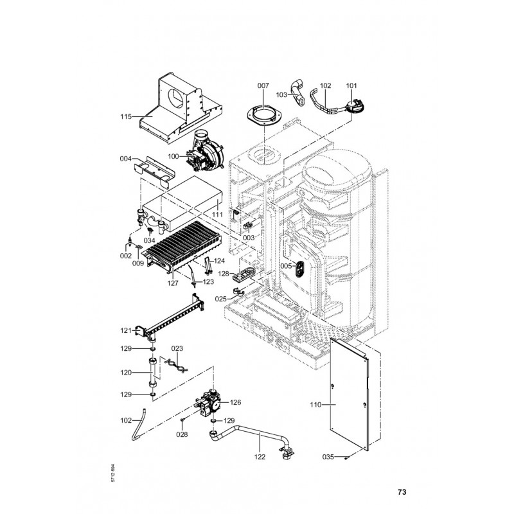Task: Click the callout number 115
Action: [x=126, y=116]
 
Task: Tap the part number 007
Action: [x=263, y=85]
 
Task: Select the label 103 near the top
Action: [x=281, y=94]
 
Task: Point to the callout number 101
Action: [x=351, y=85]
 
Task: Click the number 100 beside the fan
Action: [x=173, y=156]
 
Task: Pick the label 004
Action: [x=126, y=158]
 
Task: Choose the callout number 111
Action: [x=217, y=213]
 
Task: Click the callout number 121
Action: [x=126, y=330]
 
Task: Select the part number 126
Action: [x=235, y=403]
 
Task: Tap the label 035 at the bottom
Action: [x=328, y=457]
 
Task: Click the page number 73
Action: [x=402, y=493]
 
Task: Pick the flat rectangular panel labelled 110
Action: [x=350, y=392]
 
